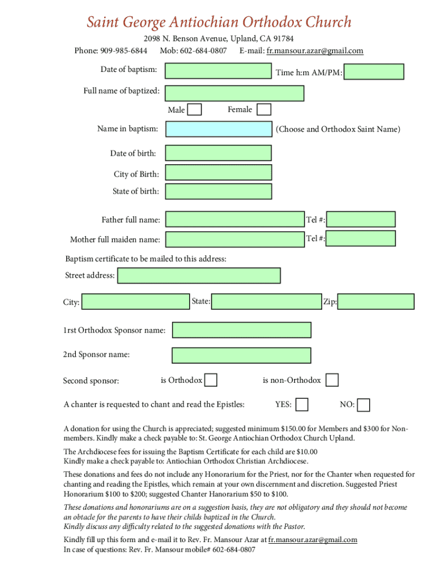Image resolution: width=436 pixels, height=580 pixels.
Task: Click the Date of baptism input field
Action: (x=218, y=71)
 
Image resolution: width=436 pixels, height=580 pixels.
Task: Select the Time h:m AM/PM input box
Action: (x=374, y=72)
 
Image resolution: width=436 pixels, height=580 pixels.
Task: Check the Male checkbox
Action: (x=194, y=109)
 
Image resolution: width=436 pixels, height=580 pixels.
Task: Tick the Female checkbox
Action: (x=264, y=109)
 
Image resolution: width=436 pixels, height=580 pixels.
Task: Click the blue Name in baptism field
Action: (x=218, y=129)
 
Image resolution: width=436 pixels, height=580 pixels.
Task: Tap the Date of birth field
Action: (x=218, y=153)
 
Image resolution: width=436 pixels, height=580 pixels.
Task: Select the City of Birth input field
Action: (x=218, y=173)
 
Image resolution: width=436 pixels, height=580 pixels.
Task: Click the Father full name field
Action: (x=234, y=219)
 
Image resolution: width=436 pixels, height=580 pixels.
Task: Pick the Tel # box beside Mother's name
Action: (x=361, y=238)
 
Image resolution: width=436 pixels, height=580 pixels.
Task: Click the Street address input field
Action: (x=199, y=276)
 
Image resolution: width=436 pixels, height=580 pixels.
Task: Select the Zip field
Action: (x=376, y=301)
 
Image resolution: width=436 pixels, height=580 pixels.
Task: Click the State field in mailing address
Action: (x=266, y=301)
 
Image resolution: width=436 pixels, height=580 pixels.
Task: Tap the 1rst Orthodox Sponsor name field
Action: (x=241, y=330)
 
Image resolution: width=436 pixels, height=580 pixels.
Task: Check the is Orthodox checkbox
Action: (x=211, y=380)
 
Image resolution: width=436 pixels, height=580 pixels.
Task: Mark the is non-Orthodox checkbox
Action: (x=332, y=380)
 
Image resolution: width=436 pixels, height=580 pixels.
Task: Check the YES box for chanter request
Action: (x=302, y=404)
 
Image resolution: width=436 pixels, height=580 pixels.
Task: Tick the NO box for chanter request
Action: (x=364, y=405)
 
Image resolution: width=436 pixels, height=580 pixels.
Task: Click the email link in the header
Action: (x=315, y=51)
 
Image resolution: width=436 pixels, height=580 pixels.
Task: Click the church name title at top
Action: (x=219, y=22)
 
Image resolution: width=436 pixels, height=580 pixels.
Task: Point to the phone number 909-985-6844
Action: (x=123, y=51)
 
